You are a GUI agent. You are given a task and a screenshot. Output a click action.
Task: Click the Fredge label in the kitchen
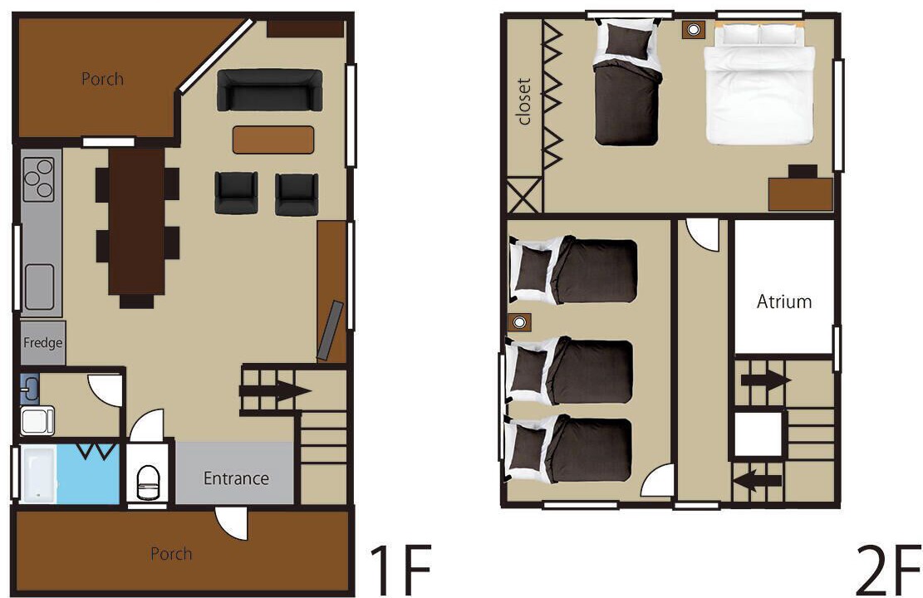(43, 342)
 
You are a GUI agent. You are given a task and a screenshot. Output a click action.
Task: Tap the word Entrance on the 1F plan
(236, 478)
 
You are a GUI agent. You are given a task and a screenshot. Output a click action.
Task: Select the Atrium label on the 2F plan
(784, 302)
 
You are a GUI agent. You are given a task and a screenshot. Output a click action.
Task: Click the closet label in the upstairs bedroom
(524, 101)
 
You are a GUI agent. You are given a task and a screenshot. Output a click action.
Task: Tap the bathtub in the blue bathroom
(38, 473)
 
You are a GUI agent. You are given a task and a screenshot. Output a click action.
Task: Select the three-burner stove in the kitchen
(38, 179)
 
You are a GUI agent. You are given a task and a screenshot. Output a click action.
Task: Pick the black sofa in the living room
(270, 90)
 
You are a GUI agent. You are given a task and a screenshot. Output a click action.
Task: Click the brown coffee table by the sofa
(273, 140)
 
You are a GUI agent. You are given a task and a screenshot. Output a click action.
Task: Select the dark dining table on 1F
(136, 221)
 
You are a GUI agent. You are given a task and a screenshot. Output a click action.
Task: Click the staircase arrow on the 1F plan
(276, 390)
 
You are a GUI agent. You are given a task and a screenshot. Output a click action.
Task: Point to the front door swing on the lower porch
(231, 523)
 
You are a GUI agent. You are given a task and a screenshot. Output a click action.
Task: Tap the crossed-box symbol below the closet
(524, 195)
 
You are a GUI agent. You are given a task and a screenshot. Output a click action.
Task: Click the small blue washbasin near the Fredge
(30, 389)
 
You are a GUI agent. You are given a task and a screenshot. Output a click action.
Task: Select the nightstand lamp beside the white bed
(694, 29)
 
